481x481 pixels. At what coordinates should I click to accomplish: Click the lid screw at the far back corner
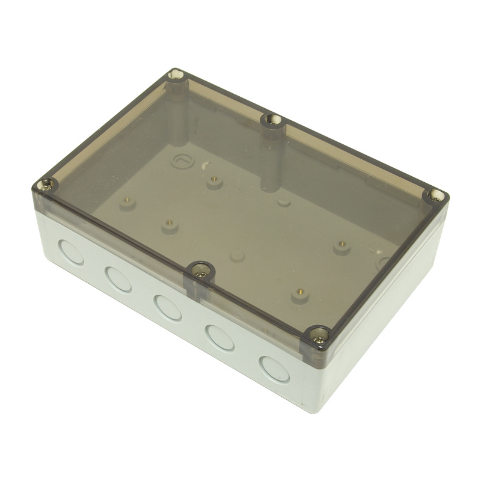tap(176, 75)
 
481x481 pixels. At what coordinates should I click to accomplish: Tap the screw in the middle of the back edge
tap(273, 119)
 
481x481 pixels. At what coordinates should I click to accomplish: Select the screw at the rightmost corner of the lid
tap(435, 195)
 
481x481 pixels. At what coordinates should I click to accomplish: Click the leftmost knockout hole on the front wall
tap(72, 252)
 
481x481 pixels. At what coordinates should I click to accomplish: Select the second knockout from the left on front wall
tap(118, 279)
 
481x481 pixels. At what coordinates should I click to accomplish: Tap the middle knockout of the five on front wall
tap(167, 307)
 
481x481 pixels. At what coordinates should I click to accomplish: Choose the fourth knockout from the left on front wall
tap(220, 337)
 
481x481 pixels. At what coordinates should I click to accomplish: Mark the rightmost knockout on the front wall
tap(275, 368)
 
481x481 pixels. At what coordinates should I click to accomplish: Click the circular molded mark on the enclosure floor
tap(180, 161)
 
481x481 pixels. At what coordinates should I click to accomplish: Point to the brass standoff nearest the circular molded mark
tap(214, 181)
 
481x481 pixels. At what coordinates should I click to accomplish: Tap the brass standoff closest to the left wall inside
tap(127, 203)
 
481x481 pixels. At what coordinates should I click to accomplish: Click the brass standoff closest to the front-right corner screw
tap(300, 294)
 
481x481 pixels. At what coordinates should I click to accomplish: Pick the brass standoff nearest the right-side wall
tap(342, 247)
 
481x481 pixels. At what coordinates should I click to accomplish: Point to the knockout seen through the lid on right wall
tap(383, 263)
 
